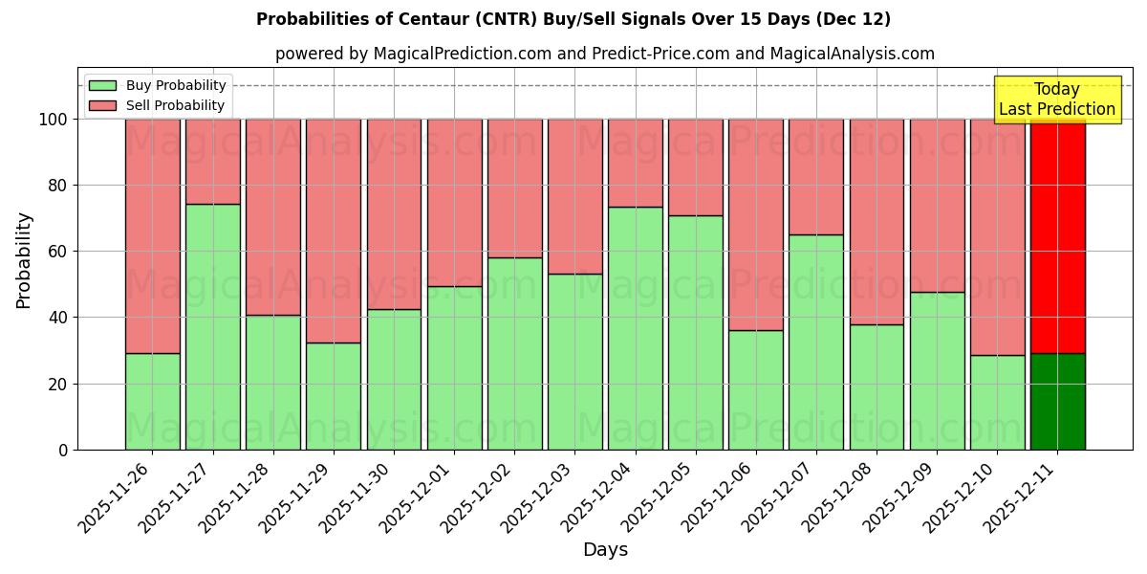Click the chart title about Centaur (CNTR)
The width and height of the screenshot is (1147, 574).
tap(573, 19)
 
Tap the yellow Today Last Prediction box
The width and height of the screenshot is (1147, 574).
tap(1057, 99)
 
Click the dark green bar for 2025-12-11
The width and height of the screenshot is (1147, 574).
tap(1057, 402)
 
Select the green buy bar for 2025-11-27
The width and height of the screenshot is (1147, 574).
tap(212, 325)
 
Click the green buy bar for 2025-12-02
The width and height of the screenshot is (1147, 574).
tap(514, 353)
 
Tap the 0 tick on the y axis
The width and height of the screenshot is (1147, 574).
tap(63, 450)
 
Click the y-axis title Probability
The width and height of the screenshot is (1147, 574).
tap(24, 260)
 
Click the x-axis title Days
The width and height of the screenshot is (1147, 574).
tap(605, 550)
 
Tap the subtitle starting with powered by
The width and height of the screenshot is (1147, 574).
tap(605, 54)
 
